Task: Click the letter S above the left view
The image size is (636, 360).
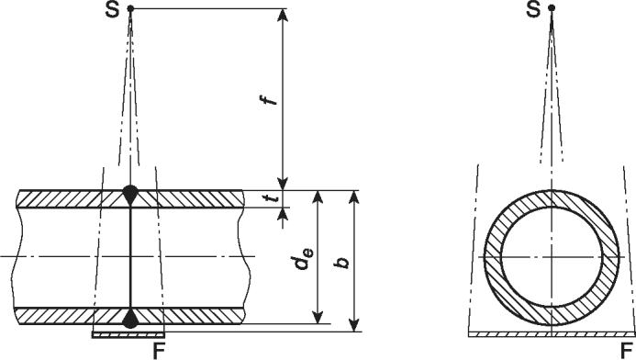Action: coord(113,10)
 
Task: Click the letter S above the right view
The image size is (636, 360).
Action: coord(534,10)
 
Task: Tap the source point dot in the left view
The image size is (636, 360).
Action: coord(130,8)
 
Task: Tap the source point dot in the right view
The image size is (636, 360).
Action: coord(552,7)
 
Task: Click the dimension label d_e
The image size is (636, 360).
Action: coord(304,260)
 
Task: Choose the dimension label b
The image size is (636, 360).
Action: coord(344,262)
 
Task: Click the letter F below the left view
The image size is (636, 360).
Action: coord(160,351)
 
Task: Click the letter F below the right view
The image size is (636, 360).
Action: coord(627,350)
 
